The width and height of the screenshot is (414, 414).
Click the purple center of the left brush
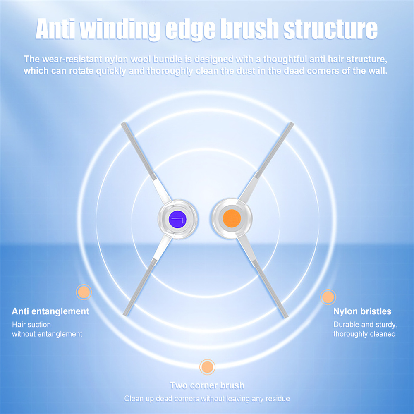(177, 220)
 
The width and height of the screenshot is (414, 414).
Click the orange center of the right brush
(232, 218)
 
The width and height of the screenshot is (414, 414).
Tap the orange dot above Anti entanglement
(84, 292)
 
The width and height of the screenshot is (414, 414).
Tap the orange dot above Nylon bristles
(328, 297)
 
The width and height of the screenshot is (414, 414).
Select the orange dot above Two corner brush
(207, 367)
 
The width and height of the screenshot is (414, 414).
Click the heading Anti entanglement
(50, 311)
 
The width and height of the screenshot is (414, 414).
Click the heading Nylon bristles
(362, 311)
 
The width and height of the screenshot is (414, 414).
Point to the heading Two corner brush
(207, 385)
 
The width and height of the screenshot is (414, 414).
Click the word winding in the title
(120, 29)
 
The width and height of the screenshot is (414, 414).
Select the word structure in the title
(330, 29)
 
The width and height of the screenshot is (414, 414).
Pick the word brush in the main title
(250, 29)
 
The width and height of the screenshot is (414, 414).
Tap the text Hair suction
(31, 325)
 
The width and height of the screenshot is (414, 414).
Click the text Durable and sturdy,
(366, 325)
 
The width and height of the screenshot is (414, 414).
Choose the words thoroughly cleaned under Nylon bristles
(364, 334)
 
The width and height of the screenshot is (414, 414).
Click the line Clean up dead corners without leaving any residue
(207, 399)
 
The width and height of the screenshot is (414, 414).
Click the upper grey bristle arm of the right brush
(275, 150)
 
